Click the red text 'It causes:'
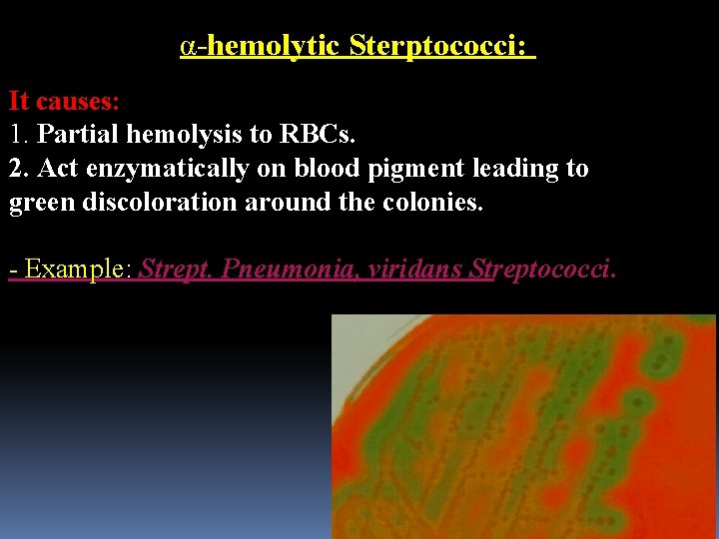click(65, 101)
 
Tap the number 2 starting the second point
click(16, 168)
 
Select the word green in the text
click(37, 204)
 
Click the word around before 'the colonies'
click(285, 204)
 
